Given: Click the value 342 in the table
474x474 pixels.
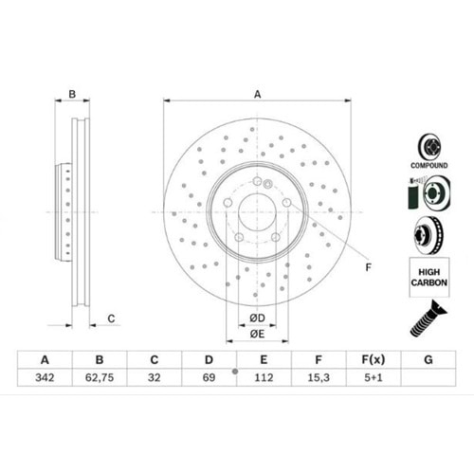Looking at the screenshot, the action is click(x=45, y=377).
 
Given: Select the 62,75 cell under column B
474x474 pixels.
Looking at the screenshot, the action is click(x=100, y=377).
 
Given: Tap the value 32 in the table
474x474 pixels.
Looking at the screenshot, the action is click(x=155, y=377).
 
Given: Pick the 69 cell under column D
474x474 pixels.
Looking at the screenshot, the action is click(x=209, y=377).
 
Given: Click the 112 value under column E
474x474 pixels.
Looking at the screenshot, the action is click(x=264, y=377).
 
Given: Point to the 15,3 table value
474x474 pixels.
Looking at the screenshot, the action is click(x=319, y=377).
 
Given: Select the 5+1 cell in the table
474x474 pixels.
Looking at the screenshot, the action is click(x=374, y=377).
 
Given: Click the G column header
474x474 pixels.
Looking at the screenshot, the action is click(x=428, y=359).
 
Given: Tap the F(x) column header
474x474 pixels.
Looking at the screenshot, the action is click(x=374, y=359).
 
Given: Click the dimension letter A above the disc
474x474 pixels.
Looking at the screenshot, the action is click(x=258, y=94).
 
